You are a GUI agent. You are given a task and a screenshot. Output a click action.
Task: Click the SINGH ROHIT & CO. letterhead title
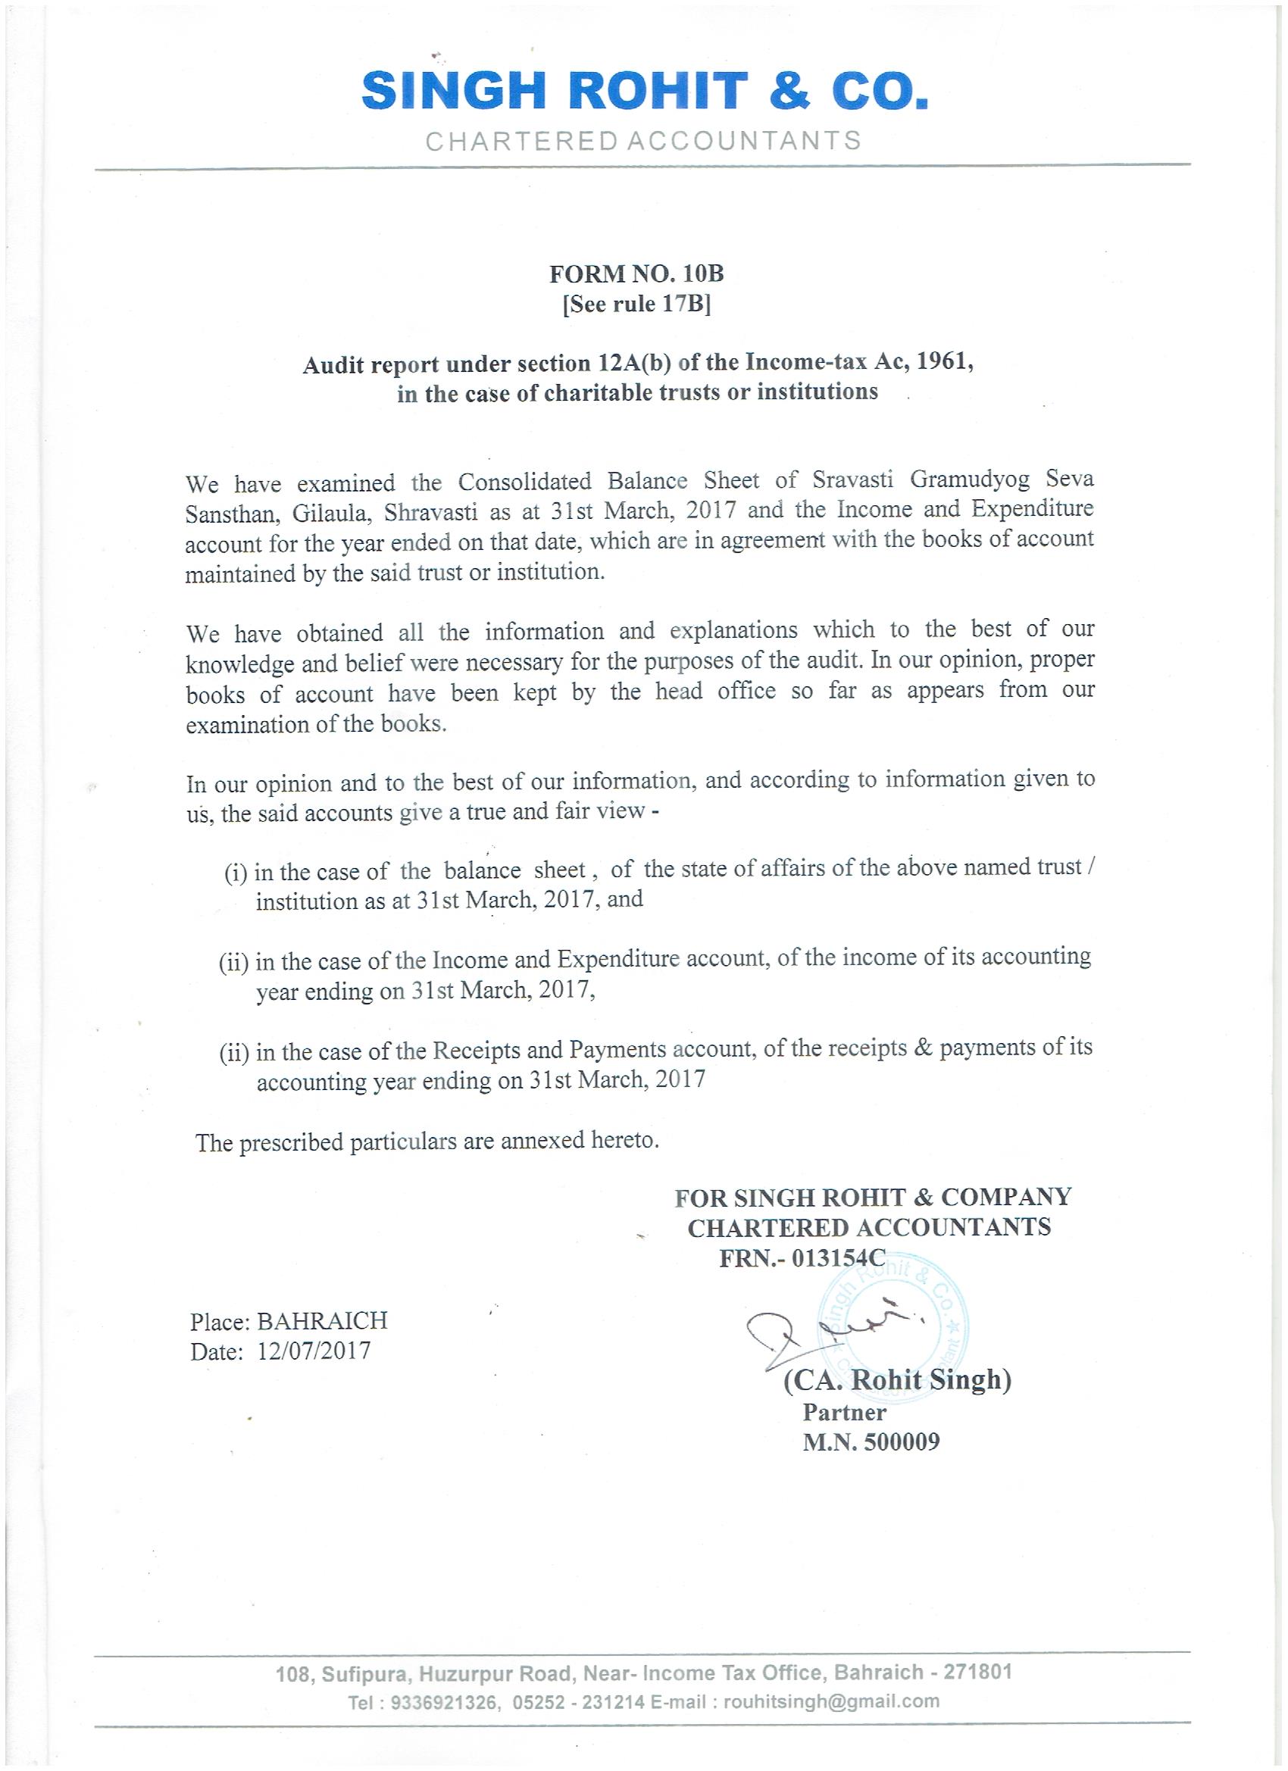click(x=645, y=92)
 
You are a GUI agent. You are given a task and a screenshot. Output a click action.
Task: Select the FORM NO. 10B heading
click(x=636, y=274)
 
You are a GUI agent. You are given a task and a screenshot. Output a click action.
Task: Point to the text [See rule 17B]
click(x=636, y=304)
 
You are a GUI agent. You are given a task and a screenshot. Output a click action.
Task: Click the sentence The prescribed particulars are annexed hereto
click(x=427, y=1142)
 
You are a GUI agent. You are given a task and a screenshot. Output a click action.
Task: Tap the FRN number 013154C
click(x=839, y=1258)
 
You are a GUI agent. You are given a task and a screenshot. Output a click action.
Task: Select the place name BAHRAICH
click(x=322, y=1320)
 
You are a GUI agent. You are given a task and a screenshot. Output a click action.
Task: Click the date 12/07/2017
click(x=314, y=1351)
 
